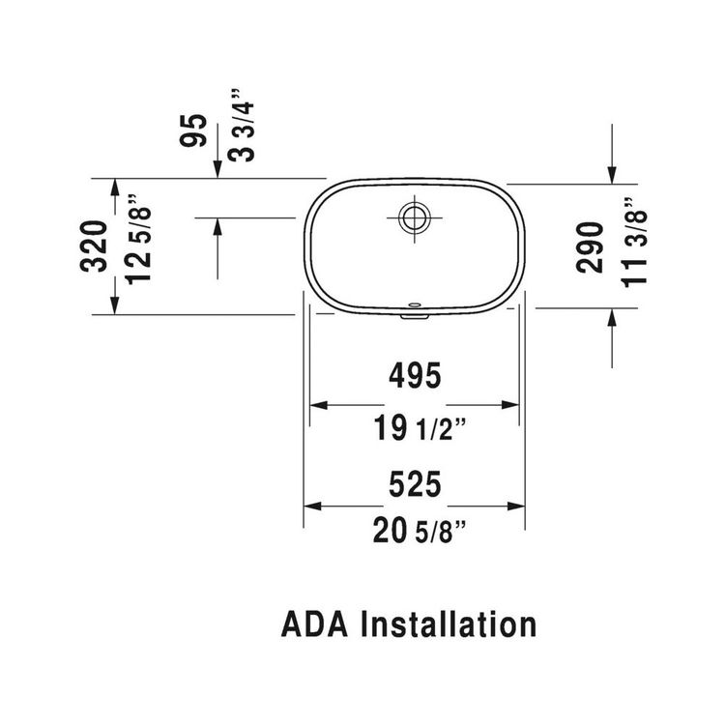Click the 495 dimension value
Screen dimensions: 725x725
(x=415, y=375)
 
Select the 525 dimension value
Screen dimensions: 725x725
(x=415, y=483)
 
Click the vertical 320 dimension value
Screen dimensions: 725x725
(x=96, y=246)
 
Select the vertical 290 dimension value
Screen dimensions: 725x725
(x=590, y=246)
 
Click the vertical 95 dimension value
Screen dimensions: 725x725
(x=196, y=129)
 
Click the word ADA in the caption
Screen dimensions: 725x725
(x=315, y=623)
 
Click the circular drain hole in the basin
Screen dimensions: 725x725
(x=414, y=217)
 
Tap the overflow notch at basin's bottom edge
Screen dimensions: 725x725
(x=414, y=311)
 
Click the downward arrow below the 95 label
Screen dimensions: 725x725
(x=217, y=168)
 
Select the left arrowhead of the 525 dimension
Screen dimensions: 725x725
(x=312, y=506)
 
